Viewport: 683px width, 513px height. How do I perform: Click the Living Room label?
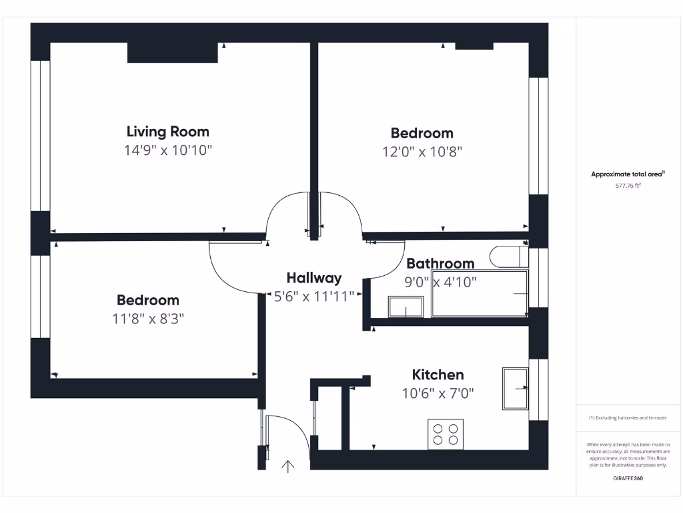click(167, 132)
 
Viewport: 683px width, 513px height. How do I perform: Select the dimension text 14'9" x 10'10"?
click(167, 150)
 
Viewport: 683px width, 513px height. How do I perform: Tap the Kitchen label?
click(438, 375)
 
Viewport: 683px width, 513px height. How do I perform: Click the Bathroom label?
click(440, 263)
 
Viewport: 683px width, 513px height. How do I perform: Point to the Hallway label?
click(313, 278)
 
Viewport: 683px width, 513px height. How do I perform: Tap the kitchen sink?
click(516, 387)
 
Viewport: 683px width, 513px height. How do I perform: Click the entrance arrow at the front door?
click(288, 466)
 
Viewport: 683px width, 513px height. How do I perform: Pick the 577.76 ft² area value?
click(628, 186)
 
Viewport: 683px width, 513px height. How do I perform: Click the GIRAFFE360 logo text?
click(628, 478)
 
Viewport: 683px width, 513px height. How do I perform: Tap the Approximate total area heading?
click(628, 174)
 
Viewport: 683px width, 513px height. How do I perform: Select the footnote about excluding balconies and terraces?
click(628, 417)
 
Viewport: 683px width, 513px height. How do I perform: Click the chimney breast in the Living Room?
click(172, 53)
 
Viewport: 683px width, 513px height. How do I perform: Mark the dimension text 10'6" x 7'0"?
click(438, 393)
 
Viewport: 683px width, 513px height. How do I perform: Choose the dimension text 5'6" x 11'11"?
click(313, 297)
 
